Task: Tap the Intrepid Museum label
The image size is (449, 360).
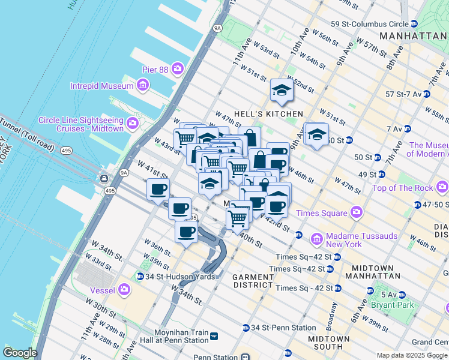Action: pos(101,86)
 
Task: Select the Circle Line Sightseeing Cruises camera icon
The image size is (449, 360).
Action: pos(132,124)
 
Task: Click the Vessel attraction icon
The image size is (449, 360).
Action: pos(124,290)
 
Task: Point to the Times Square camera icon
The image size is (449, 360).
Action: pos(357,213)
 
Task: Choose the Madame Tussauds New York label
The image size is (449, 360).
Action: pos(361,241)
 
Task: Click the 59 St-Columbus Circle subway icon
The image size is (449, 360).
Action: pos(414,24)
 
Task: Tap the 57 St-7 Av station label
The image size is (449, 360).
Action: pos(403,94)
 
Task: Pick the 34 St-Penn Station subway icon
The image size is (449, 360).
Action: pos(246,328)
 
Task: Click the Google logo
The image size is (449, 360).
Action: pos(19,353)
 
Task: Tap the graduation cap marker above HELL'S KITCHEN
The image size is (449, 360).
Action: pos(281,91)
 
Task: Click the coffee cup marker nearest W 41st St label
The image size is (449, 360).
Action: pos(158,190)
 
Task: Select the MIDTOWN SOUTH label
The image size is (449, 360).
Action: pos(329,343)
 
